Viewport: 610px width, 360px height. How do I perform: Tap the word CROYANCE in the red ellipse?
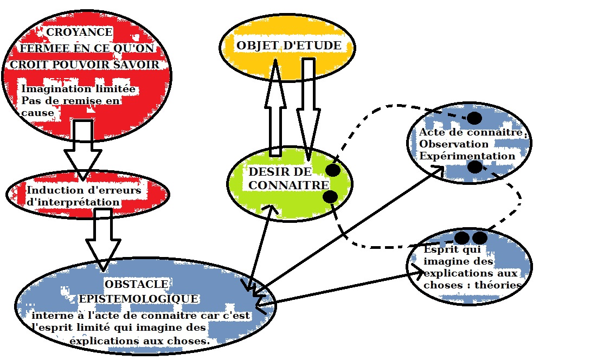tap(79, 33)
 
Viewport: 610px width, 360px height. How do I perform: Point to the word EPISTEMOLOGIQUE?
tap(139, 299)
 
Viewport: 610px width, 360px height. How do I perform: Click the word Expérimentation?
tap(467, 156)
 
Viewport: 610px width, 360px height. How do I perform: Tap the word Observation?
tap(454, 144)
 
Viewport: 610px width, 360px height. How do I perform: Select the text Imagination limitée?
tap(78, 89)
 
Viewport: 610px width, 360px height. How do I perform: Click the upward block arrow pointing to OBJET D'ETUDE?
tap(275, 108)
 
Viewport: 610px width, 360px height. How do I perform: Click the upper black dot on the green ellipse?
tap(333, 170)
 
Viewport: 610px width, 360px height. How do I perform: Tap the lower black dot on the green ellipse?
tap(330, 196)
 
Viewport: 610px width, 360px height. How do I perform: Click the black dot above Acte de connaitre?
tap(474, 118)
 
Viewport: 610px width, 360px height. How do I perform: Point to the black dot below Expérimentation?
tap(474, 166)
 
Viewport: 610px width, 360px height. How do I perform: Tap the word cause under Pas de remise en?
tap(38, 113)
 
